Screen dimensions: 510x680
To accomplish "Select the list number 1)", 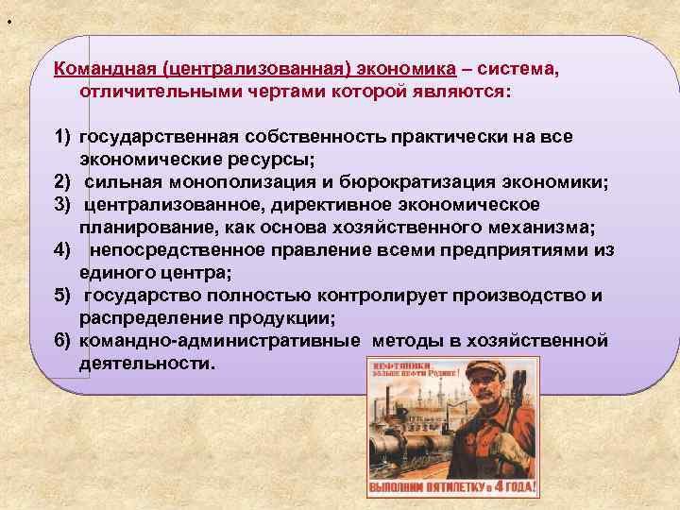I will pyautogui.click(x=63, y=137).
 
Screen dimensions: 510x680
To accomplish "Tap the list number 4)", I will pyautogui.click(x=63, y=250).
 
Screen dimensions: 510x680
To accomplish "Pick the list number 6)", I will pyautogui.click(x=63, y=341).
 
